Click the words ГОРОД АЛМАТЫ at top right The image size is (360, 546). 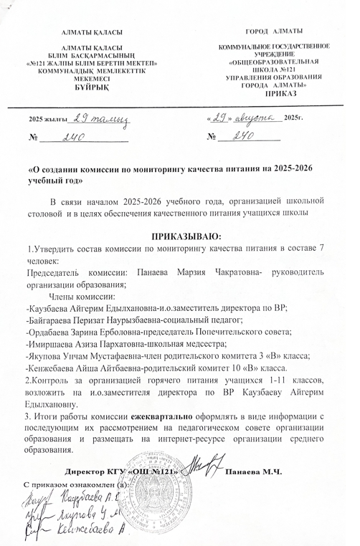(x=274, y=30)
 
